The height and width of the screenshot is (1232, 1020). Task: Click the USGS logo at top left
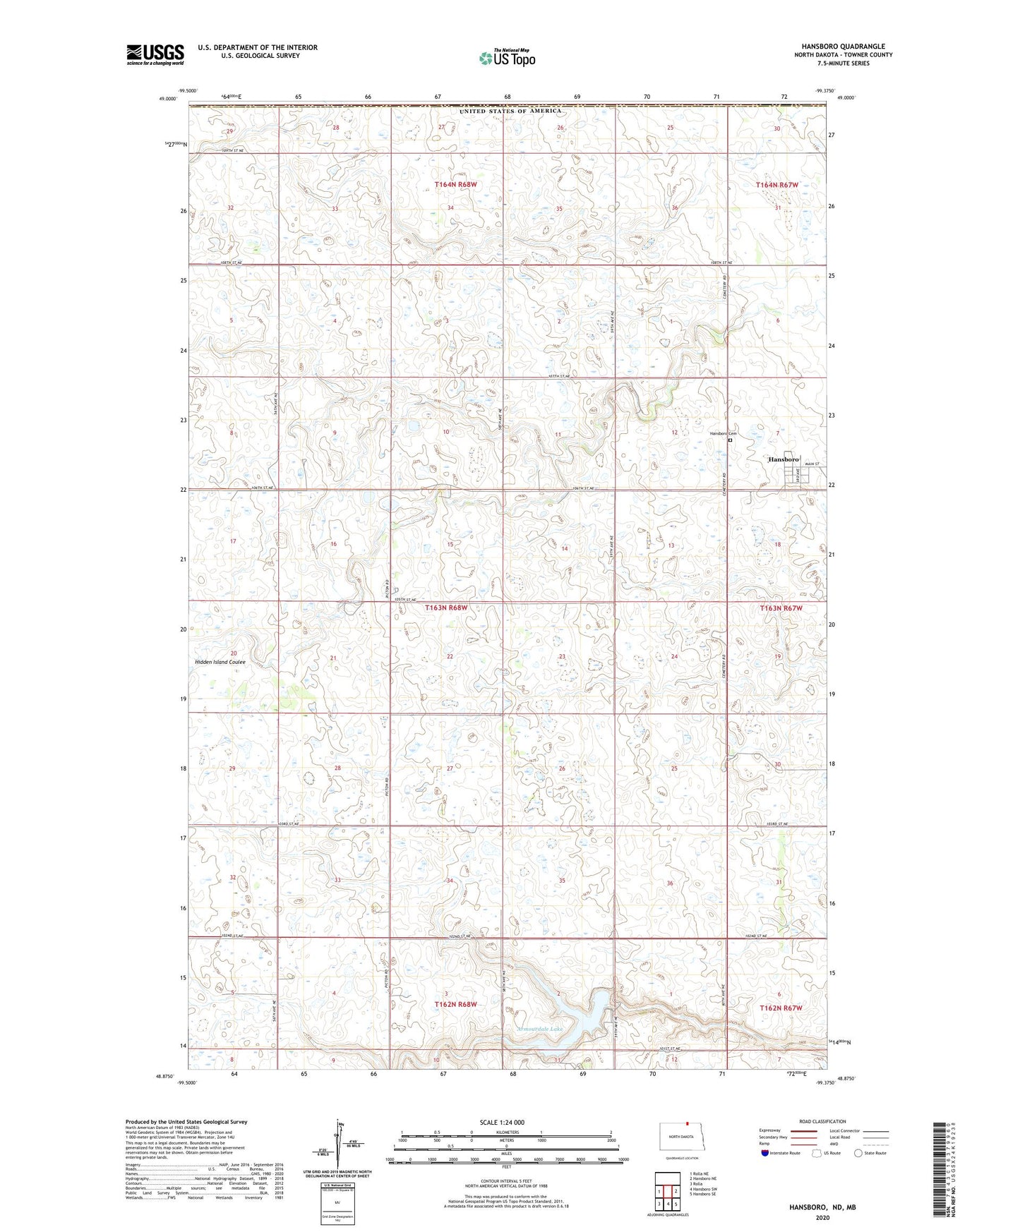point(155,54)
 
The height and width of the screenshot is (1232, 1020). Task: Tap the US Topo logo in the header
point(507,58)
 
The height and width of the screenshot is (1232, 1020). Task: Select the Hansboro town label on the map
point(783,459)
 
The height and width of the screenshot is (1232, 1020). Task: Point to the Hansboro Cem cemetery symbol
point(730,440)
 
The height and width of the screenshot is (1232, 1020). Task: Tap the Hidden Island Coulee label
point(220,662)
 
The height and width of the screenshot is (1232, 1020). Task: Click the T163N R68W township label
point(446,608)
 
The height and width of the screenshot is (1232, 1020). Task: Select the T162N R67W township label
point(781,1008)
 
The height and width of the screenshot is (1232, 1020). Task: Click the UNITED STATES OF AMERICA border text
point(510,111)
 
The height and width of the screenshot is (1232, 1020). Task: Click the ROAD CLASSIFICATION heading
point(822,1121)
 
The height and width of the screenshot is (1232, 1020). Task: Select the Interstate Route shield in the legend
point(765,1153)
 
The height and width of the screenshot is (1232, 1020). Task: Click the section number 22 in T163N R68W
point(450,656)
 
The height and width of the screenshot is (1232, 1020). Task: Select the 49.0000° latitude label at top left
point(167,99)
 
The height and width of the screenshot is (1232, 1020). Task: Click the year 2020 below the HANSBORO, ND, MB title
point(822,1217)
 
